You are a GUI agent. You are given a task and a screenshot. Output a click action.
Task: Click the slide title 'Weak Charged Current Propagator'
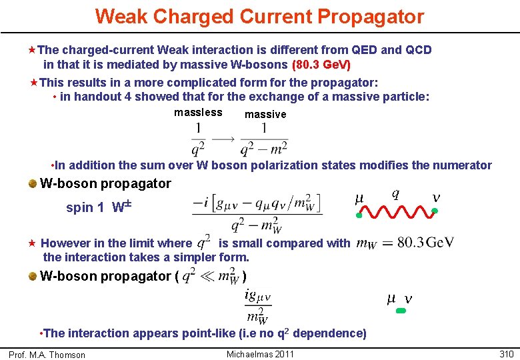point(259,16)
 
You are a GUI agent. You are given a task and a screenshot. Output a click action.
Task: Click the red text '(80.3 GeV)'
point(321,65)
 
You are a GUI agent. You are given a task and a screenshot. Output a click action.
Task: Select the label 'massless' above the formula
point(198,113)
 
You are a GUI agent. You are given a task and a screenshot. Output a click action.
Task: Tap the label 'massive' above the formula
point(265,115)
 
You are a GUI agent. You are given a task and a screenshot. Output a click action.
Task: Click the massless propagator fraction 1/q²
point(198,138)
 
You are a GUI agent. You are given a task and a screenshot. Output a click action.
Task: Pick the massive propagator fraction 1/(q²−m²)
point(264,138)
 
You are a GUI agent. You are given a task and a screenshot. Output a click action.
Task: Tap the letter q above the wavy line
point(396,193)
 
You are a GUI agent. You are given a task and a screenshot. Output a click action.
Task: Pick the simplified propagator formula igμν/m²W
point(257,305)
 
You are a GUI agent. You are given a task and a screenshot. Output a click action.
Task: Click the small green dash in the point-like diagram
point(401,311)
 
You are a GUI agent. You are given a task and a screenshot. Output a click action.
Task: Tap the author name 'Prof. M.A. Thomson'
point(47,355)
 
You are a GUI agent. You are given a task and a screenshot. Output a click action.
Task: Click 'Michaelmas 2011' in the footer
point(260,354)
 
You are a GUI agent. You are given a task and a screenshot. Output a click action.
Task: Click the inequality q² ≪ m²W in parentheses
point(211,275)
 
